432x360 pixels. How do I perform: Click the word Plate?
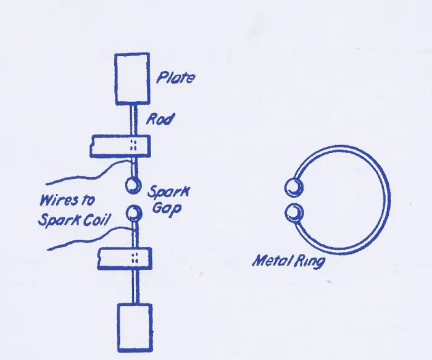pos(176,77)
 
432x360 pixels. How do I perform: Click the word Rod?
pos(160,119)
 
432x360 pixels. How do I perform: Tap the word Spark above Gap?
pos(169,192)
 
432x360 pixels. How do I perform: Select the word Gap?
pos(167,209)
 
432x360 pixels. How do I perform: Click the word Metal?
pos(272,260)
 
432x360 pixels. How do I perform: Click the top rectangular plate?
pos(132,79)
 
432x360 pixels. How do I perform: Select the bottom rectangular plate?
pos(135,328)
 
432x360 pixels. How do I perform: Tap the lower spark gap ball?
pos(134,213)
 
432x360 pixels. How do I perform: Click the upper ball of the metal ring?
pos(294,188)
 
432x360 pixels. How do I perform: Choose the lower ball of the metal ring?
pos(294,214)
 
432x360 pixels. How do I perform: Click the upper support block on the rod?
pos(120,146)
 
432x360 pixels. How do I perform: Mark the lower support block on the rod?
pos(125,258)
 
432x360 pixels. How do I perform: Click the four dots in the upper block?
pos(133,145)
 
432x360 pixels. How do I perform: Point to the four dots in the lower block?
pos(135,257)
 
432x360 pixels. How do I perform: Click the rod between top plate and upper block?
pos(133,120)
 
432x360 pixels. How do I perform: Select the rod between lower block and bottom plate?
pos(135,287)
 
